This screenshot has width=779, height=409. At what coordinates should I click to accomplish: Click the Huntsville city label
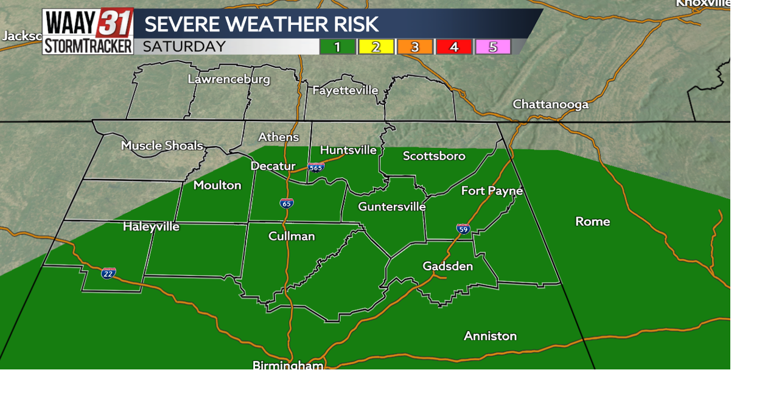click(348, 150)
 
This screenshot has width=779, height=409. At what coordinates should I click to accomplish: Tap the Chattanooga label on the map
click(550, 104)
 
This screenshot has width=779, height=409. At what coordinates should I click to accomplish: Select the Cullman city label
click(292, 236)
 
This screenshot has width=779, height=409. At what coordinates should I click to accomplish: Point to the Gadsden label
click(447, 266)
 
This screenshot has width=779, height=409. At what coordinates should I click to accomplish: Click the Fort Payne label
click(492, 191)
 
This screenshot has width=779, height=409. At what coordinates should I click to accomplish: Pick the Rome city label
click(592, 222)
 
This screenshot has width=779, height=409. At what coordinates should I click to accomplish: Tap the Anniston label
click(490, 336)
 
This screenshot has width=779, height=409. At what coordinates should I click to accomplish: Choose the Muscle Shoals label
click(162, 145)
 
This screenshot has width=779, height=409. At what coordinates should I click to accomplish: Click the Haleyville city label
click(151, 226)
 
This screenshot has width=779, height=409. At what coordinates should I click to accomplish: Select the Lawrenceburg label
click(229, 79)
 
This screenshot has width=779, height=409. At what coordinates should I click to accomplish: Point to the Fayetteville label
click(345, 90)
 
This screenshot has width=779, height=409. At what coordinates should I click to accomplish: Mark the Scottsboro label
click(434, 156)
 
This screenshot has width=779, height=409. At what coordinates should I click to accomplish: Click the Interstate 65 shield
click(287, 203)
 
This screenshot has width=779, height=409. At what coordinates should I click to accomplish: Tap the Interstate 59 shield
click(463, 229)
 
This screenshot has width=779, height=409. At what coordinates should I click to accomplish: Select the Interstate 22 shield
click(108, 273)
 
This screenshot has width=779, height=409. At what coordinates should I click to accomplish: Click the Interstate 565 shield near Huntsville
click(316, 166)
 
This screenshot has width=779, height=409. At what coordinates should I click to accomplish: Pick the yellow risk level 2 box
click(376, 47)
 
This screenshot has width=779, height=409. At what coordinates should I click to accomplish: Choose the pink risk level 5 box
click(492, 47)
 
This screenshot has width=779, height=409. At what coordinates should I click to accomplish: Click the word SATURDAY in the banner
click(184, 47)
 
